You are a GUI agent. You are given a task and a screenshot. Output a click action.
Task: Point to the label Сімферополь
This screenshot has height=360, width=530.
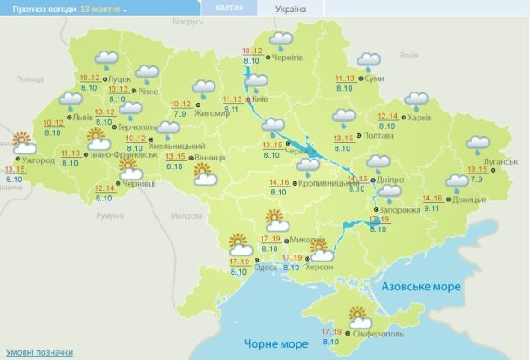(x=378, y=334)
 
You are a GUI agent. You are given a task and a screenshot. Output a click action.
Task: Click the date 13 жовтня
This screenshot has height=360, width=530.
(x=103, y=8)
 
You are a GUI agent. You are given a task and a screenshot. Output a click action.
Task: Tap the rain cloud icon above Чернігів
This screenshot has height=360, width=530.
(x=282, y=40)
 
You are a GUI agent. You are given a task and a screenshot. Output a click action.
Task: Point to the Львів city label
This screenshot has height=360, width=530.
(x=81, y=116)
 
